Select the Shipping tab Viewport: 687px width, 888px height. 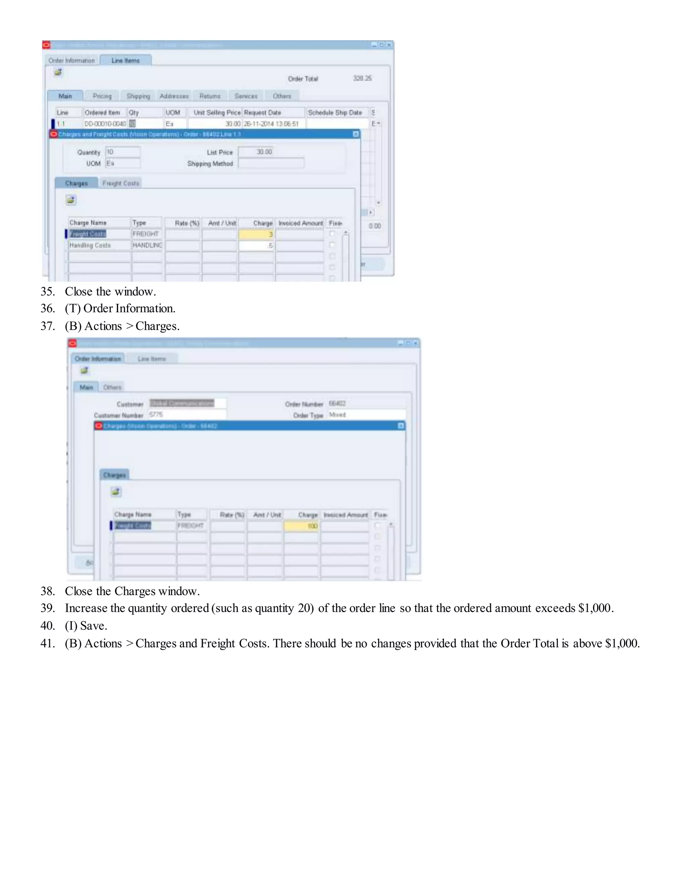pyautogui.click(x=138, y=96)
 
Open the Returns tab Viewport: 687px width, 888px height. pyautogui.click(x=210, y=96)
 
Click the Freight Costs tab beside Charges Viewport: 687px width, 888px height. pyautogui.click(x=120, y=183)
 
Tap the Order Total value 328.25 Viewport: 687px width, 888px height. pyautogui.click(x=362, y=78)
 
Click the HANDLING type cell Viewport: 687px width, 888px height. pyautogui.click(x=147, y=245)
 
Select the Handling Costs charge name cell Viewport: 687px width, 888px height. pyautogui.click(x=99, y=245)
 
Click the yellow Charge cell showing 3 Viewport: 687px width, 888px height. pyautogui.click(x=256, y=234)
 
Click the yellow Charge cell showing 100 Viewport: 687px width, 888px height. pyautogui.click(x=301, y=526)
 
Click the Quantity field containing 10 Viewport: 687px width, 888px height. pyautogui.click(x=122, y=152)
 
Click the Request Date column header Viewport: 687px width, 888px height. pyautogui.click(x=273, y=113)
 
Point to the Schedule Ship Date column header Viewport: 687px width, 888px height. pyautogui.click(x=336, y=113)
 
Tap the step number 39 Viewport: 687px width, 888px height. pyautogui.click(x=47, y=608)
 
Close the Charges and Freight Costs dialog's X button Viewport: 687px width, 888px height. pyautogui.click(x=356, y=134)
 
